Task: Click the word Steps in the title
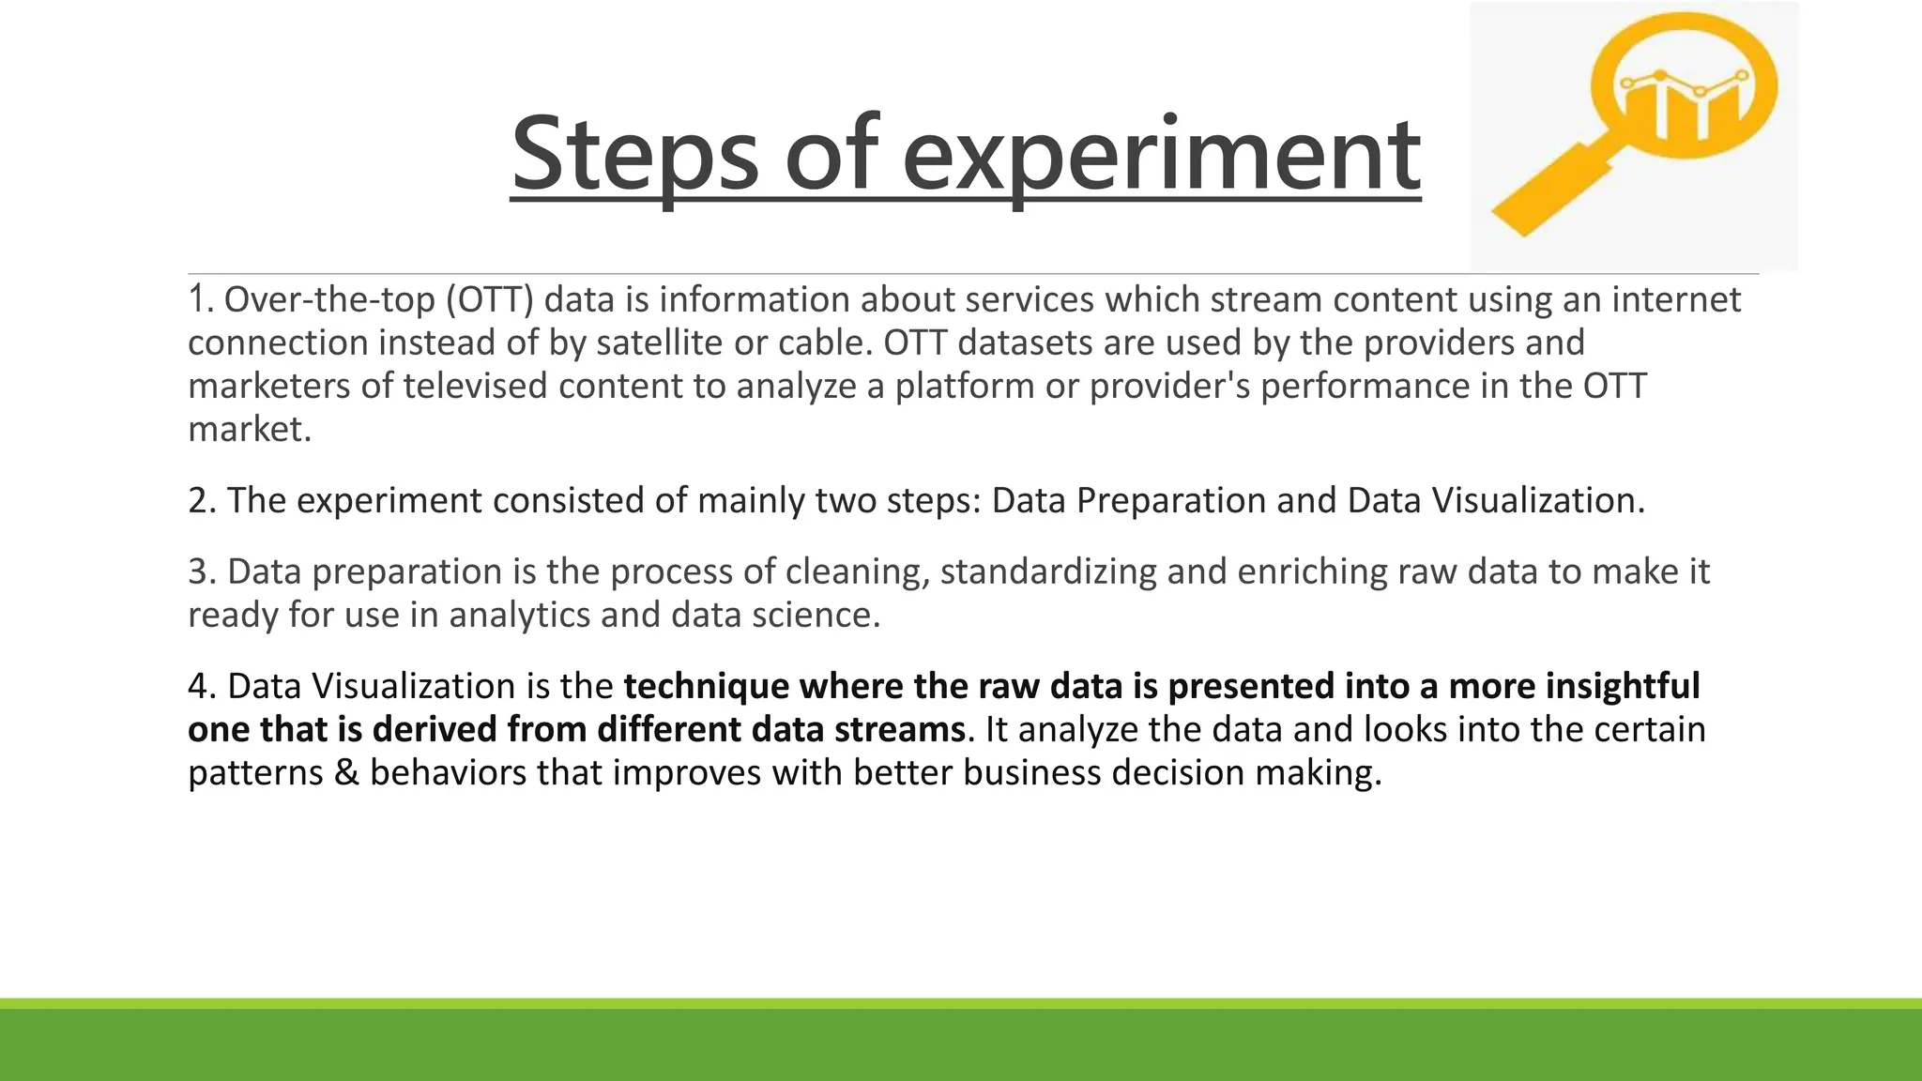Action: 634,153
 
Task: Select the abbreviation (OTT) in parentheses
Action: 489,300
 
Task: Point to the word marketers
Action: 268,386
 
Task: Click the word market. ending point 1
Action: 250,429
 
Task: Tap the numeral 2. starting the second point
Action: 202,500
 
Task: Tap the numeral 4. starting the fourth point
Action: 202,686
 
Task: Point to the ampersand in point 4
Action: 346,772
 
